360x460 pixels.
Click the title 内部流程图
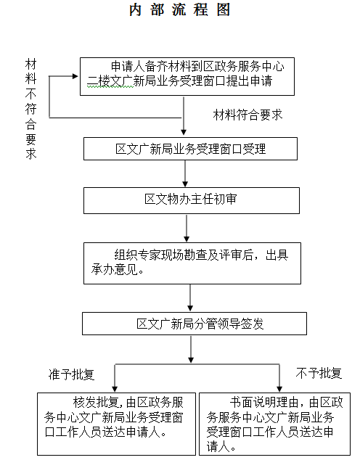coord(179,9)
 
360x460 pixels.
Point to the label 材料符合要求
coord(247,115)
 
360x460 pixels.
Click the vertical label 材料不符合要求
coord(30,109)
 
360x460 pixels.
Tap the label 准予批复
coord(71,374)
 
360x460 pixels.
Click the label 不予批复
coord(319,373)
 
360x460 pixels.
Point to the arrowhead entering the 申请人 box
coord(75,76)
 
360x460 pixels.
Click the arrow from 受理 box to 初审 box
coord(185,173)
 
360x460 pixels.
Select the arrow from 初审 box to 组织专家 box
coord(187,229)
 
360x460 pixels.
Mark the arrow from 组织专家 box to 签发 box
coord(190,297)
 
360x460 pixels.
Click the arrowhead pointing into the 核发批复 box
coord(115,390)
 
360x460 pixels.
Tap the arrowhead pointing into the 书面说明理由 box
coord(279,390)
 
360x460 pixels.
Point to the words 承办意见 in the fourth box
coord(115,269)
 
